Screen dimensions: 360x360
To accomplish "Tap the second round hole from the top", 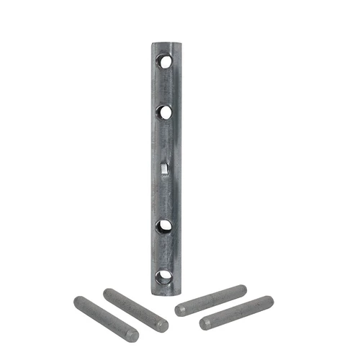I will (x=166, y=112).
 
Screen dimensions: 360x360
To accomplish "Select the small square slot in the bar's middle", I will (x=164, y=168).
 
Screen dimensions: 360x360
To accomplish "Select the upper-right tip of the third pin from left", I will (x=242, y=290).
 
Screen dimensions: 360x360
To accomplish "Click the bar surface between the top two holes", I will (x=166, y=87).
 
